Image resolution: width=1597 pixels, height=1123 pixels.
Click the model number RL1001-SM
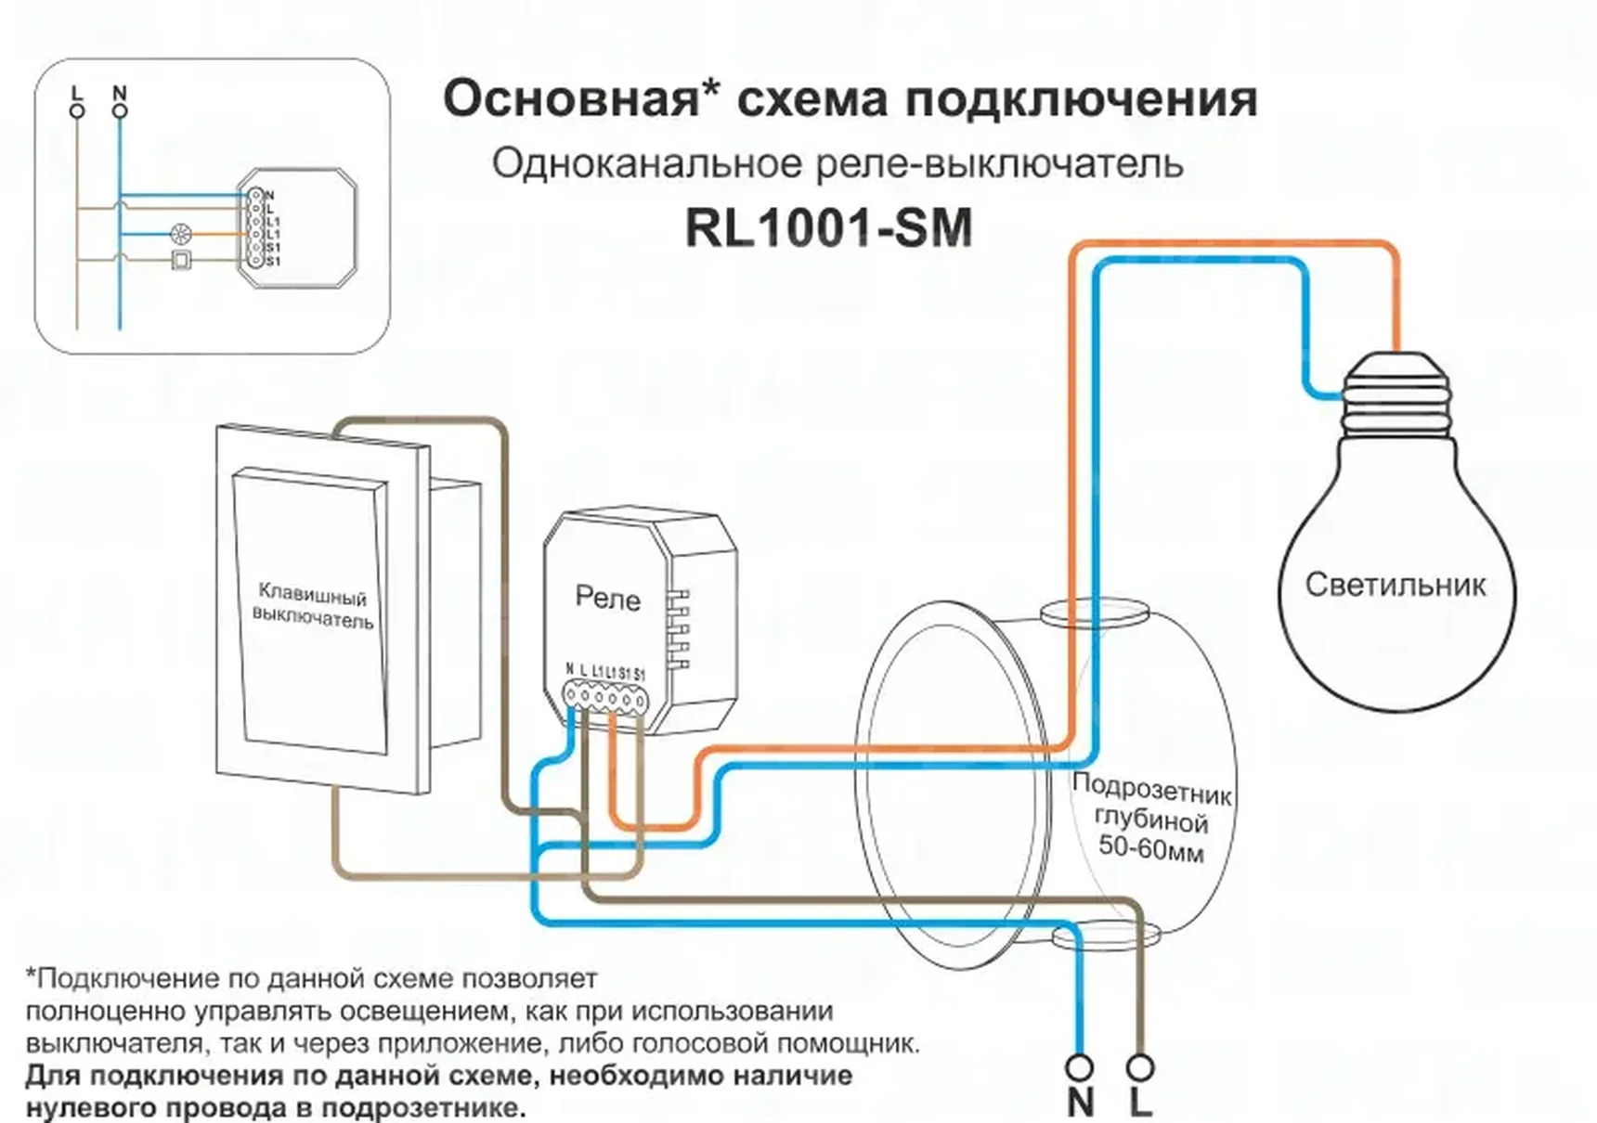(828, 228)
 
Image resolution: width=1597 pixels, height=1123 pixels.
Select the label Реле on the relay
(607, 598)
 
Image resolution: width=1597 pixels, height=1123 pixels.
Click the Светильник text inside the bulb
(1395, 585)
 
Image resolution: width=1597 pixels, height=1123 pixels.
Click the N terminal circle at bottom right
(1080, 1067)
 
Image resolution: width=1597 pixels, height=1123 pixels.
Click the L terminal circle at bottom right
(1140, 1067)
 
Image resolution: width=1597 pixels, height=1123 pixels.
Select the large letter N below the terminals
(1080, 1104)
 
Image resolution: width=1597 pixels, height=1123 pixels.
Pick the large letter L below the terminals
(1140, 1104)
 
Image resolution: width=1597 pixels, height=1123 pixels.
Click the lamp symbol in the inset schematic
(181, 235)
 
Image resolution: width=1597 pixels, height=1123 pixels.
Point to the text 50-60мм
(1150, 848)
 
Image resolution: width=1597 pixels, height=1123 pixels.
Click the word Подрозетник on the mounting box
(1151, 789)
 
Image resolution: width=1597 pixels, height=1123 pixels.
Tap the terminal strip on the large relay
(605, 696)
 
